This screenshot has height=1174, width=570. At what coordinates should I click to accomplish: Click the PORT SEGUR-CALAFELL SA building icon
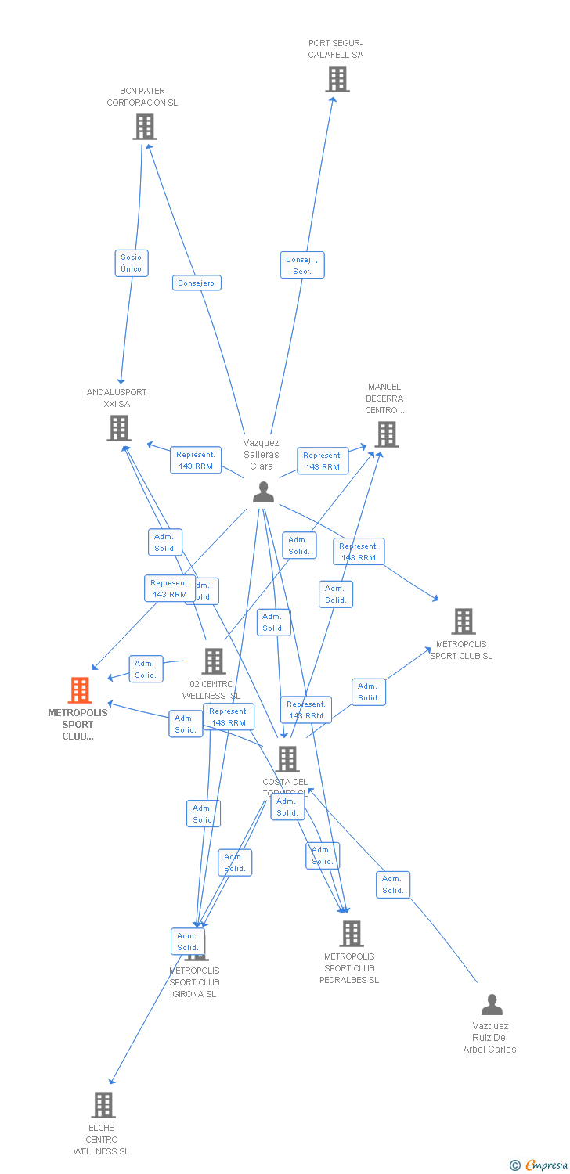click(x=337, y=79)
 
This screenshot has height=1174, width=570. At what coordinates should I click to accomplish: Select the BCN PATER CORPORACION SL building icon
click(x=145, y=127)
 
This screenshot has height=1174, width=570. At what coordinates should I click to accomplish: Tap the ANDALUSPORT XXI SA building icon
click(x=119, y=428)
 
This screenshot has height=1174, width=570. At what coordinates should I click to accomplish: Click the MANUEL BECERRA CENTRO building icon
click(x=386, y=434)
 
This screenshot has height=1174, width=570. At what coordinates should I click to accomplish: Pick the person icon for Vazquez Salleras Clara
click(x=263, y=492)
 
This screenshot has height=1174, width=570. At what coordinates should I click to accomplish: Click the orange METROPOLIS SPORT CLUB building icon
click(x=80, y=690)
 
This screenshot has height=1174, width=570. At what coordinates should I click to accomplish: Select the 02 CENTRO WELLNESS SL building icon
click(x=213, y=661)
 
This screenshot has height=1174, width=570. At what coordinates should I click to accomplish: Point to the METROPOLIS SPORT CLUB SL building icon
click(x=464, y=621)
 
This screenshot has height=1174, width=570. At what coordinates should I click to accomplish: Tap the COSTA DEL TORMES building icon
click(x=287, y=759)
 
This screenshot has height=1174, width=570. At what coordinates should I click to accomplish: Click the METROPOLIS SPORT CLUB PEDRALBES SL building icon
click(x=352, y=933)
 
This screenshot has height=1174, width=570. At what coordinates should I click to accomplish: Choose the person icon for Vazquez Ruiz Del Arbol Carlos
click(x=492, y=1004)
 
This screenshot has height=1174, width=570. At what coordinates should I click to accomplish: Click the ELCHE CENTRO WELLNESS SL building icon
click(x=103, y=1105)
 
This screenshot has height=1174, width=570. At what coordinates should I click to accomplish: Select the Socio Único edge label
click(x=132, y=263)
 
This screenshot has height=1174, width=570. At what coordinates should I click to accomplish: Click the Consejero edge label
click(x=197, y=283)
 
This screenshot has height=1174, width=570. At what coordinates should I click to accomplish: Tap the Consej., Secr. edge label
click(x=302, y=265)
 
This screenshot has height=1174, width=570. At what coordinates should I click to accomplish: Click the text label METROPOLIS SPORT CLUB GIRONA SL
click(x=194, y=982)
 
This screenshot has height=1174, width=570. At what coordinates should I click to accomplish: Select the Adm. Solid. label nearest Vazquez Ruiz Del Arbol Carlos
click(x=393, y=884)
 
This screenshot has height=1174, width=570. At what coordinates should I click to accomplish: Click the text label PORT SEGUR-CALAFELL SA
click(x=336, y=49)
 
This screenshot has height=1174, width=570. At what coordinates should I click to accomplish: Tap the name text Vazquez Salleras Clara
click(x=262, y=454)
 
